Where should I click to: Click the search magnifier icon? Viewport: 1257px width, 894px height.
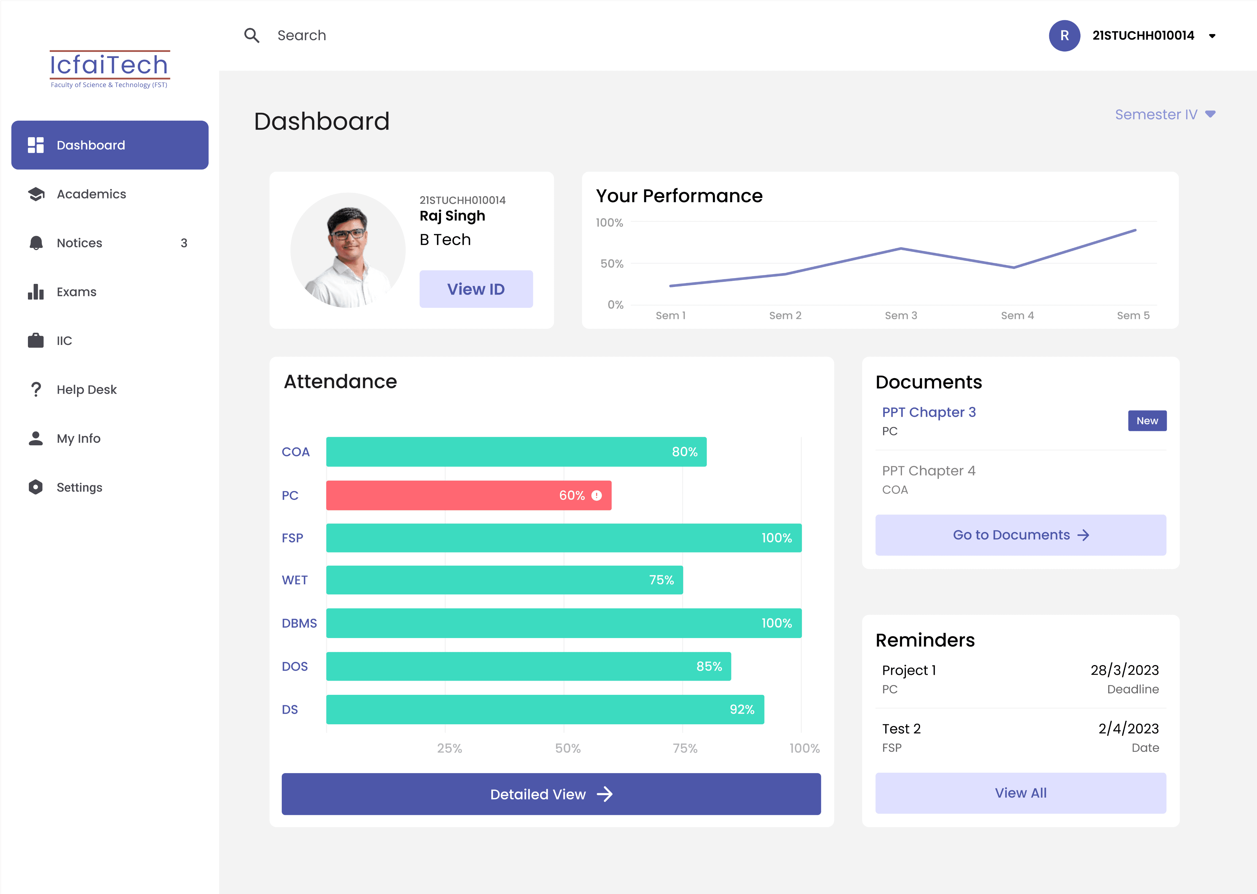[252, 35]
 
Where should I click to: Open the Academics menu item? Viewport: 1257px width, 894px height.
[91, 194]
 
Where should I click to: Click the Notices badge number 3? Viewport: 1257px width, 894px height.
[184, 243]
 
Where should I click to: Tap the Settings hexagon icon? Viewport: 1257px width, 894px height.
[36, 487]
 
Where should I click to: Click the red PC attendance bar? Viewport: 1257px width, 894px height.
[468, 495]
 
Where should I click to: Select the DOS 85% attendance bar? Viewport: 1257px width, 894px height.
[528, 666]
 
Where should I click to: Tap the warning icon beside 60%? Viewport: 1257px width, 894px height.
[597, 495]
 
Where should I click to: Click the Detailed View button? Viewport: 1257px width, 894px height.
[551, 794]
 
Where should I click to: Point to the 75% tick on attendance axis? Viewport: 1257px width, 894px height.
[685, 748]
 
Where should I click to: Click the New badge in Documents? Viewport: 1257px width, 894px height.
[1147, 420]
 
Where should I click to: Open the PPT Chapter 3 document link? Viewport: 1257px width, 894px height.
[928, 412]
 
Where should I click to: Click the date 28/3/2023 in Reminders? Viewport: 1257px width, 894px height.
[1124, 670]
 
